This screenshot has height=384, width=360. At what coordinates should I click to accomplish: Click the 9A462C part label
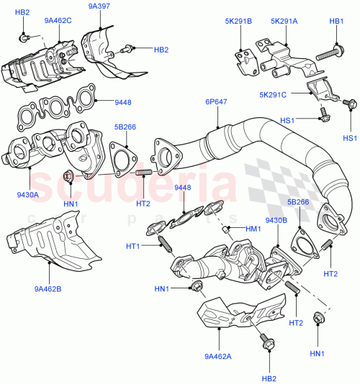[x=58, y=21]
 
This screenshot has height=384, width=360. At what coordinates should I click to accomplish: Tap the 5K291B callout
[x=237, y=21]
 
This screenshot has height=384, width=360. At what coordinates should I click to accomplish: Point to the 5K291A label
[x=284, y=21]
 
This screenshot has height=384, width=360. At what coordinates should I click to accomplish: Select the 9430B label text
[x=276, y=220]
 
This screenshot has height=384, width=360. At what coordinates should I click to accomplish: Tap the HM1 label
[x=253, y=229]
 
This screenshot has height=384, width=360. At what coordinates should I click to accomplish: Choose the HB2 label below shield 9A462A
[x=268, y=378]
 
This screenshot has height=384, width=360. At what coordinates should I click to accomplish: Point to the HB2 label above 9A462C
[x=22, y=13]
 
